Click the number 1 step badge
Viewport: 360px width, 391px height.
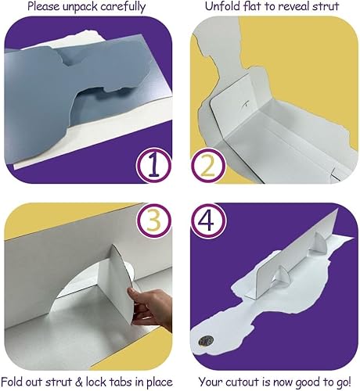(x=154, y=166)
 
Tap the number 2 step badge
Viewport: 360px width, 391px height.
(x=208, y=166)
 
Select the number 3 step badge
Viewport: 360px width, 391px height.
(x=154, y=221)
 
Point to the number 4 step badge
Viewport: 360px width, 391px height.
(x=208, y=221)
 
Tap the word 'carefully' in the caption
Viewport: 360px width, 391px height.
(x=123, y=7)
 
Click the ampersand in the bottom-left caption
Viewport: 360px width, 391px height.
(x=79, y=382)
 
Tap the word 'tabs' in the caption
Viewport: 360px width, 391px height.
(x=121, y=382)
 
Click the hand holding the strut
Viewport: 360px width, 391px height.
(x=149, y=307)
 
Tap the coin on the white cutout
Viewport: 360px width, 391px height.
(x=206, y=340)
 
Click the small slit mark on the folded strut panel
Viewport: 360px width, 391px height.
(x=246, y=103)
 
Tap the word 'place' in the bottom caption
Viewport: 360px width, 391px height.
(x=159, y=382)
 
